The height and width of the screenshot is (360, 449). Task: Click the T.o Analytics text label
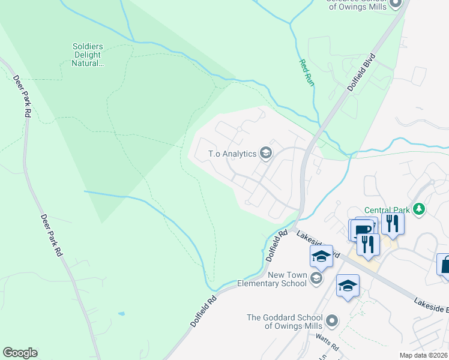coord(232,154)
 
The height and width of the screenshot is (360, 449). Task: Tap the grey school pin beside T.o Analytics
coord(265,154)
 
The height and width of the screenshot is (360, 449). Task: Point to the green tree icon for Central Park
coord(420,209)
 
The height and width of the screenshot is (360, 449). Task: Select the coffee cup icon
coord(364,229)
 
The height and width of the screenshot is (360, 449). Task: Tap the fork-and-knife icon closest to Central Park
coord(393,223)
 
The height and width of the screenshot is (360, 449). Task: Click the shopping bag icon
coord(445,265)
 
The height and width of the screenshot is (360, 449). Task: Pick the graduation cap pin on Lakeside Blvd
coord(322,256)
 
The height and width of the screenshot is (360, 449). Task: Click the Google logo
coord(20,353)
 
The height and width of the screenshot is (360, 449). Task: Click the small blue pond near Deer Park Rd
coord(122,314)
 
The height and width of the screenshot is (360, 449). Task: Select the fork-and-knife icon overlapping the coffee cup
coord(368,244)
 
